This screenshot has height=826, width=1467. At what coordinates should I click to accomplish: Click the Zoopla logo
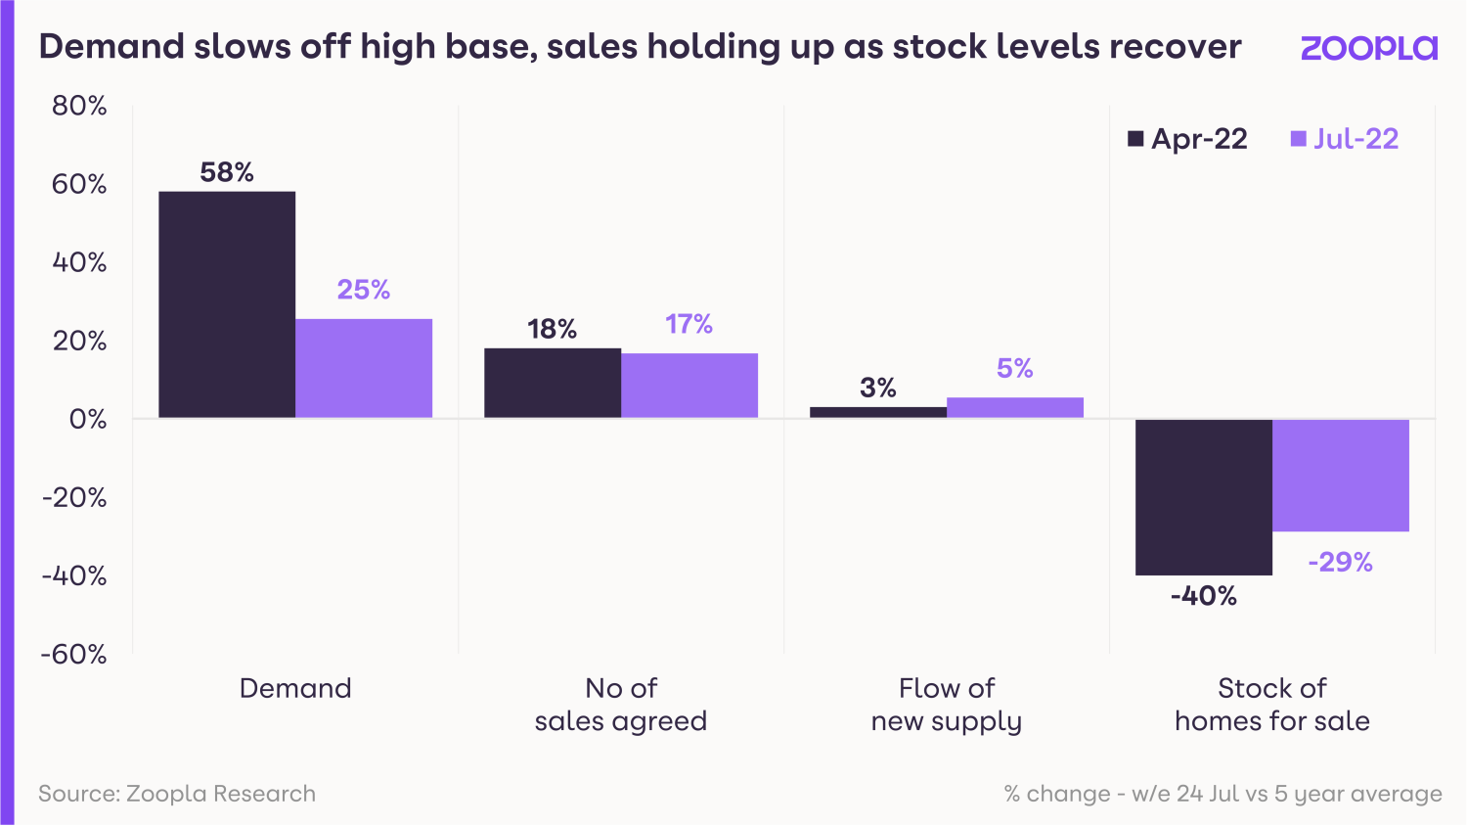1368,48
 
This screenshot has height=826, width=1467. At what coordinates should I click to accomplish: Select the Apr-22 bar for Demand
227,304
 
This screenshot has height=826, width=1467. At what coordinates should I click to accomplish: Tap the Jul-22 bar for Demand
364,368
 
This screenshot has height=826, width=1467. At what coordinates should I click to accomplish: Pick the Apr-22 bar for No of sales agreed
553,383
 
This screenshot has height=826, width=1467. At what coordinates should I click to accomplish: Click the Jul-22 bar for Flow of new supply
1015,407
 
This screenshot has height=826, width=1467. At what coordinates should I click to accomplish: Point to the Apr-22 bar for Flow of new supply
878,412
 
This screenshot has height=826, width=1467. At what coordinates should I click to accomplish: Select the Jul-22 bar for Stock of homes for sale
1341,476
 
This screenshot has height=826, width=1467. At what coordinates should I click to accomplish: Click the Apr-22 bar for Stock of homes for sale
1204,497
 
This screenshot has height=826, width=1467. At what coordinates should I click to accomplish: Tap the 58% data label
227,172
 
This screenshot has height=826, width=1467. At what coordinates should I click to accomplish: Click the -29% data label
1340,562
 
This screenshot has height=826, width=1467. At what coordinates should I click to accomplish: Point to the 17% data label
689,324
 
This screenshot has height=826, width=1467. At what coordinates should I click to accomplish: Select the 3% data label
878,388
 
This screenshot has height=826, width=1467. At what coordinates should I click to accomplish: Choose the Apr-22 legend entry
1187,139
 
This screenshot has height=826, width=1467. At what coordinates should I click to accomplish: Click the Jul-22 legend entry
1345,139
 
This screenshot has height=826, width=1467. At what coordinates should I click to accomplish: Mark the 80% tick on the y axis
79,106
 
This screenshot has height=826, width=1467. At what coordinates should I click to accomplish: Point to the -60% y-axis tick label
73,654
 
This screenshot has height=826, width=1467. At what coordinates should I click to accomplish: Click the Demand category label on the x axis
295,688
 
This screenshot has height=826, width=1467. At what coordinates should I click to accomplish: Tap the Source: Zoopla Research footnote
177,793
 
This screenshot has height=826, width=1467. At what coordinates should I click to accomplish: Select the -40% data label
1204,596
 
